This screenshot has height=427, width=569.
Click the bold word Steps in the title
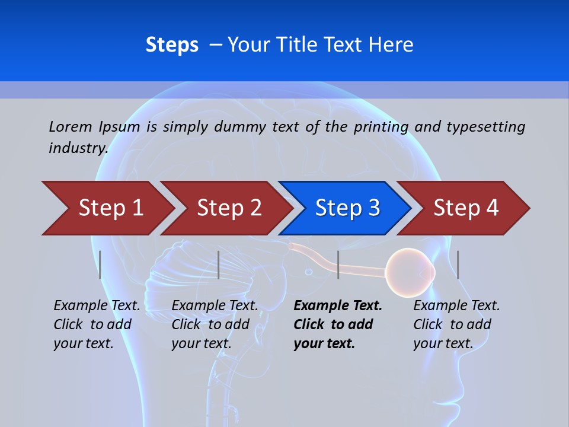[172, 45]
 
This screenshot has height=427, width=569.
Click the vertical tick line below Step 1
[100, 265]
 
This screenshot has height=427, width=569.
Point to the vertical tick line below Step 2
[219, 265]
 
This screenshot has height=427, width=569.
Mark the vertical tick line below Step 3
[338, 265]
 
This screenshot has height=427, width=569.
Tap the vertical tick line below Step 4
[458, 265]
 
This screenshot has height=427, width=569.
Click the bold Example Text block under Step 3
[338, 324]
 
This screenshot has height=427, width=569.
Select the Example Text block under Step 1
[97, 324]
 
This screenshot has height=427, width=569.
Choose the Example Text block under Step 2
[215, 324]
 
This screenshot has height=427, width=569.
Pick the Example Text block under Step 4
[456, 324]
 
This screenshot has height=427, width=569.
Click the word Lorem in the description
[71, 126]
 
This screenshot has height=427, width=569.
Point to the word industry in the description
[78, 148]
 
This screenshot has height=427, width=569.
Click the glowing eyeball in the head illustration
[409, 272]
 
